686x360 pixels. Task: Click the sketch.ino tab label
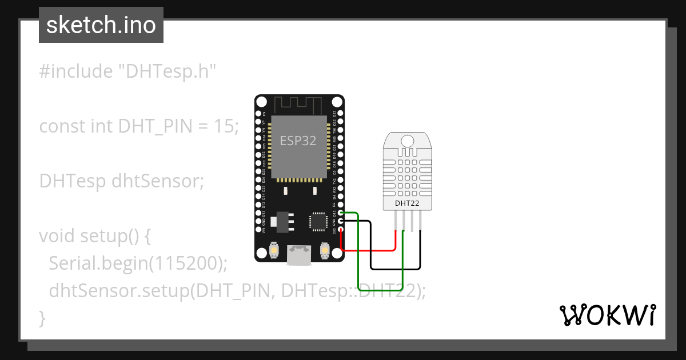101,25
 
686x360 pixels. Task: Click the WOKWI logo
608,315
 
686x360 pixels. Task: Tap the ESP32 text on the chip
298,141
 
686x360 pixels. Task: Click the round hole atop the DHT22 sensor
408,141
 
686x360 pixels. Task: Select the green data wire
358,257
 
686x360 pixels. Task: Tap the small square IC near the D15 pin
317,221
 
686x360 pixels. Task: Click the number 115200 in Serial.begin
186,263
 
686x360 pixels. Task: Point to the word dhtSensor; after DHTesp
158,181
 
